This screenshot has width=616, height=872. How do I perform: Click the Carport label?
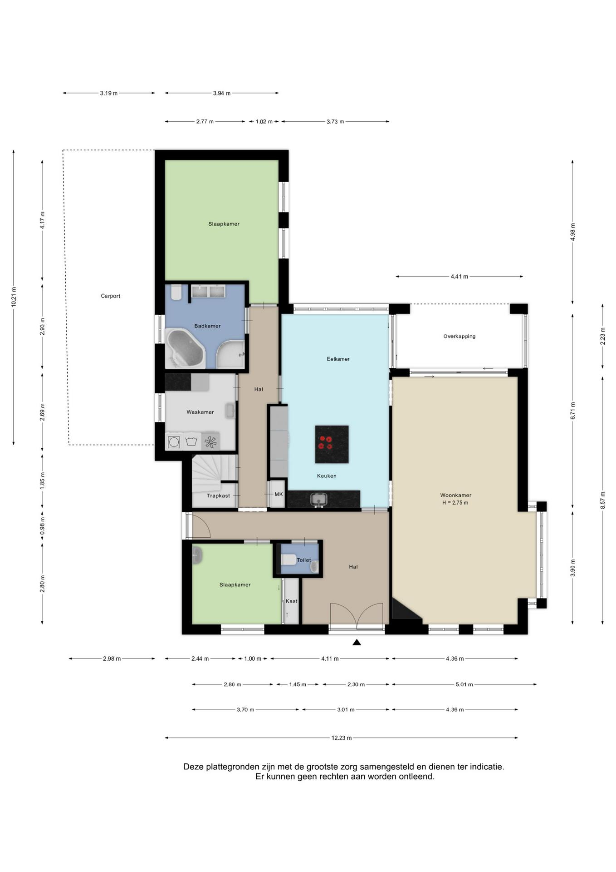[110, 296]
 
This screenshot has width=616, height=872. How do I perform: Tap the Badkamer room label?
[207, 326]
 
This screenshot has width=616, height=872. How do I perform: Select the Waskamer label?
[200, 412]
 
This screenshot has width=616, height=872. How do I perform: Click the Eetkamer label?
[338, 359]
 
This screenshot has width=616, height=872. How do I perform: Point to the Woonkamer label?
[455, 495]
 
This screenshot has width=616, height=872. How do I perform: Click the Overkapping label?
[460, 337]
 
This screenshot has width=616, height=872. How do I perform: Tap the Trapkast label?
[218, 496]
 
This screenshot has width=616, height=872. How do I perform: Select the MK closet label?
[279, 494]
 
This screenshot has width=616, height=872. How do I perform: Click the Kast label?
[291, 601]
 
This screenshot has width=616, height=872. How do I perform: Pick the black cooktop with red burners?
[332, 444]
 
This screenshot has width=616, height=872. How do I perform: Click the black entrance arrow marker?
[357, 642]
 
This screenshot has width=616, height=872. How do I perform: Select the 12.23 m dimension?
[341, 738]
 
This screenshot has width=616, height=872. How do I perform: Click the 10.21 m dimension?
[14, 297]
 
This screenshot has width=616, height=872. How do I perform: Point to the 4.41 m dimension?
[459, 277]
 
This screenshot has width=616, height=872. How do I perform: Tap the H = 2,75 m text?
[455, 503]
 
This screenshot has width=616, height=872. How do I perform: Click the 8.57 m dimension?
[603, 500]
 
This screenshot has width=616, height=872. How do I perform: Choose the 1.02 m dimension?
[264, 122]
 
